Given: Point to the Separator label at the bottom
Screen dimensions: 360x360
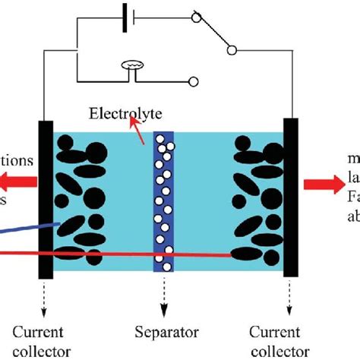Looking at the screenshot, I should (166, 332).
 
